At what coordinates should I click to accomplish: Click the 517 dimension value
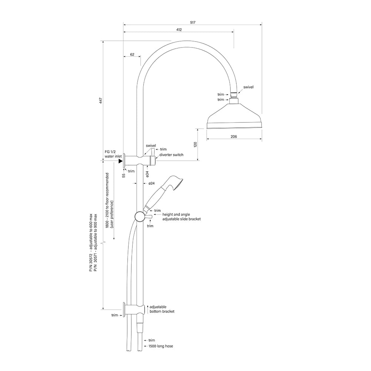193,23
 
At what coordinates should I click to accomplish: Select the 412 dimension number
179,30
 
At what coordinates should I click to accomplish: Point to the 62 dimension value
132,55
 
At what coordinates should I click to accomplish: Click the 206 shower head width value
234,137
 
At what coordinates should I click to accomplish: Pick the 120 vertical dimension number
195,145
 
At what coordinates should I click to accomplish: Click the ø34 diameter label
147,174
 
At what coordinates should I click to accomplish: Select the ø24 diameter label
152,183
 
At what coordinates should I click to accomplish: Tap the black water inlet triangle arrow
121,161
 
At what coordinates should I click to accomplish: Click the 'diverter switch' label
171,155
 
